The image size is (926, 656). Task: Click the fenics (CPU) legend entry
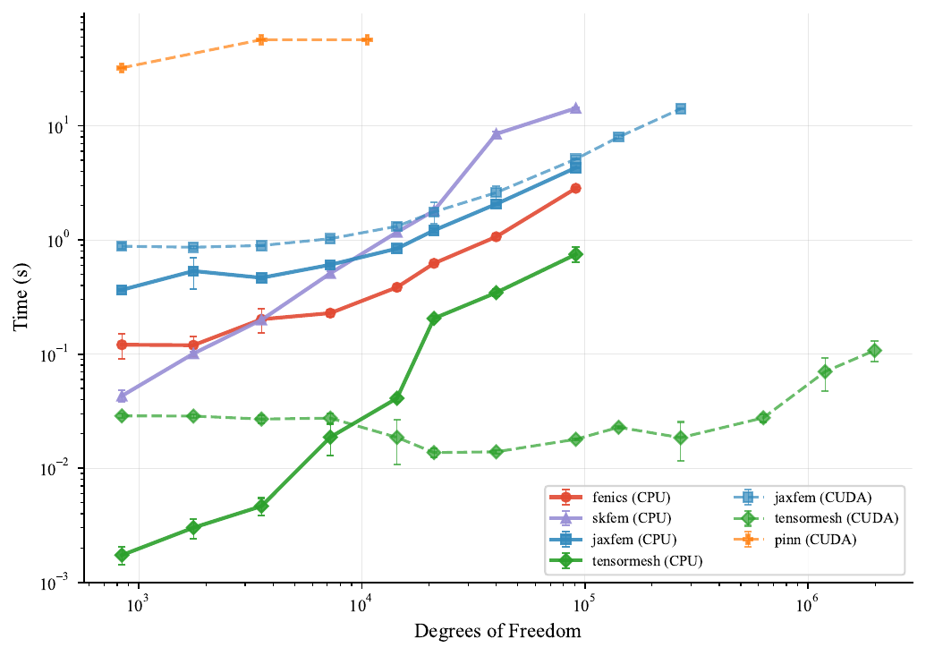coord(626,497)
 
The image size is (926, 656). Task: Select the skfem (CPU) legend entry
coord(626,518)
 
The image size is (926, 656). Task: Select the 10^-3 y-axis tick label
coord(63,584)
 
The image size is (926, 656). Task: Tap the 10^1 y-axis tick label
coord(64,126)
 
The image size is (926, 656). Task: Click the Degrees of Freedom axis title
coord(497,632)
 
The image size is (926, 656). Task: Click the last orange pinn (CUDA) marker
coord(367,40)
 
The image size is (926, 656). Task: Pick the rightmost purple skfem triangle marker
coord(575,108)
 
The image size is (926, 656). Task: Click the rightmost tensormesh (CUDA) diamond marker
coord(875,351)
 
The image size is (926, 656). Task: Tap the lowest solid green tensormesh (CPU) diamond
coord(122,555)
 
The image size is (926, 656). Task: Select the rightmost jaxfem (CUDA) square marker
coord(680,108)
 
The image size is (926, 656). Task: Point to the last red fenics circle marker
coord(575,188)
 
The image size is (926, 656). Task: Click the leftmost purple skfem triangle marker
coord(122,396)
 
